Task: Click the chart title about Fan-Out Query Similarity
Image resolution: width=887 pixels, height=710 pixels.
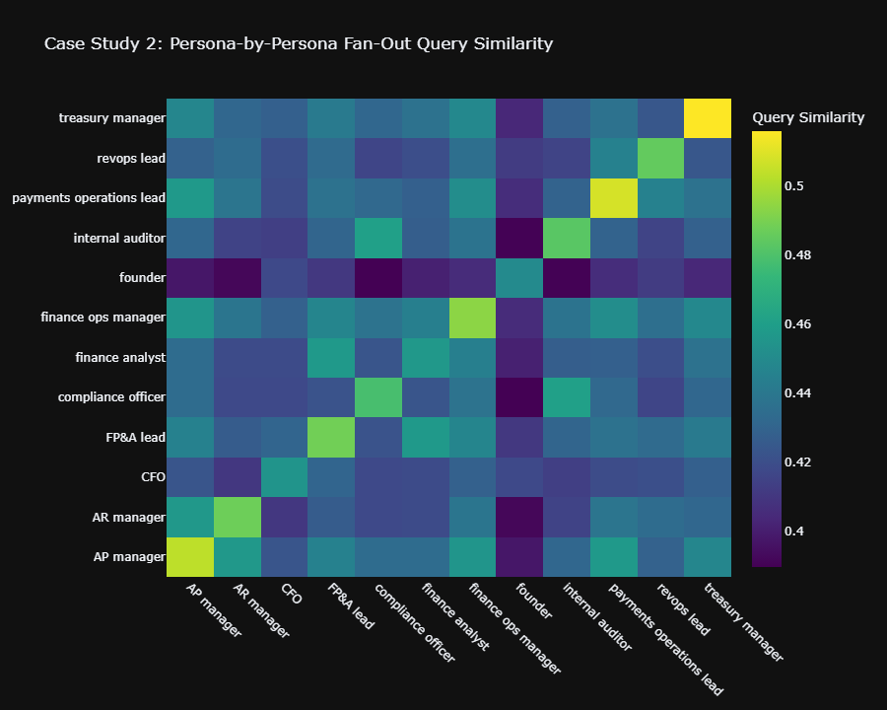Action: pos(299,43)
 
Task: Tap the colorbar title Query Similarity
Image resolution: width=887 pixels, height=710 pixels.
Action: pos(808,117)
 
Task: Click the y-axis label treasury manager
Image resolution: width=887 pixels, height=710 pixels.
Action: pos(111,118)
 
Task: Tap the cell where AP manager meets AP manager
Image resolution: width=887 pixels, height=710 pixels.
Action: pos(189,556)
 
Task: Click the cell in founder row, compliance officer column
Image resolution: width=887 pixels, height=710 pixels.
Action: pos(378,277)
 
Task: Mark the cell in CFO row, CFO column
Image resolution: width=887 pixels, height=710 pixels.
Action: pos(284,476)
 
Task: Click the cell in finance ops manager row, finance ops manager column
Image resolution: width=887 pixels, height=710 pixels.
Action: pos(473,318)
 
